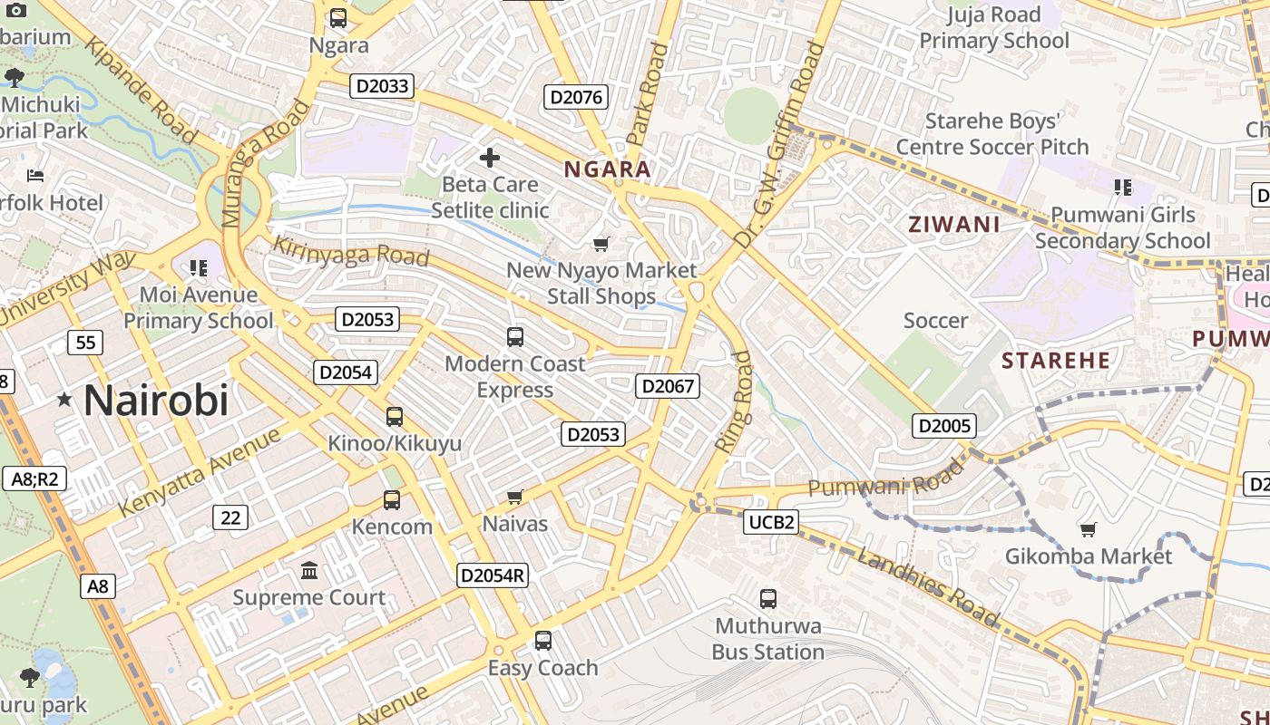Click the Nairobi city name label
(156, 400)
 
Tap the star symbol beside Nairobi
(64, 400)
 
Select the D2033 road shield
(382, 86)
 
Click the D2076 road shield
(576, 97)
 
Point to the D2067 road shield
(668, 386)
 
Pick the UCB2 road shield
(771, 522)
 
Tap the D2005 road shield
(944, 426)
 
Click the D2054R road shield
(493, 575)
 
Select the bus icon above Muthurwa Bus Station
(767, 598)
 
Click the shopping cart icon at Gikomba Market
(1088, 528)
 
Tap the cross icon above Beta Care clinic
(490, 158)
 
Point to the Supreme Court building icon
(309, 570)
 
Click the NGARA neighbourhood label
(608, 169)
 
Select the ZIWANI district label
(954, 225)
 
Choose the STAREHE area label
(1056, 361)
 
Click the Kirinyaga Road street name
(351, 251)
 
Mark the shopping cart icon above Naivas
(515, 497)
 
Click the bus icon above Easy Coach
(543, 641)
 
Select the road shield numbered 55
(85, 343)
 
